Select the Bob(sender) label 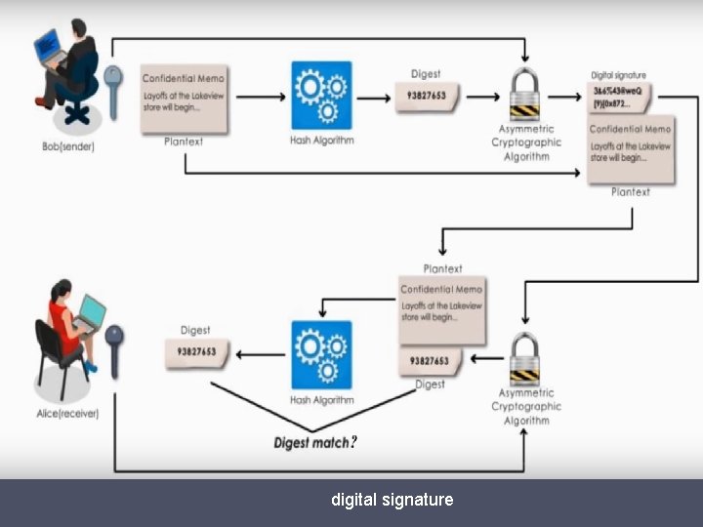(x=68, y=146)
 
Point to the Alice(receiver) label (x=67, y=413)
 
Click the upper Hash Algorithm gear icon (x=321, y=96)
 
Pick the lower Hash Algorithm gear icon (x=321, y=356)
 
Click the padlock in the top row (x=526, y=94)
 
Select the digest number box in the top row (x=427, y=97)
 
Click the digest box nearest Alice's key (x=197, y=352)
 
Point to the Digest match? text (x=315, y=443)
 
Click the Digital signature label (x=618, y=75)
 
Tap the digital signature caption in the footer (x=392, y=500)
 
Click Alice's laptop (x=90, y=312)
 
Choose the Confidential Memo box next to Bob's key (x=184, y=100)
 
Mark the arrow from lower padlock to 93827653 (x=486, y=358)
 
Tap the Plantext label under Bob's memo (x=184, y=142)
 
